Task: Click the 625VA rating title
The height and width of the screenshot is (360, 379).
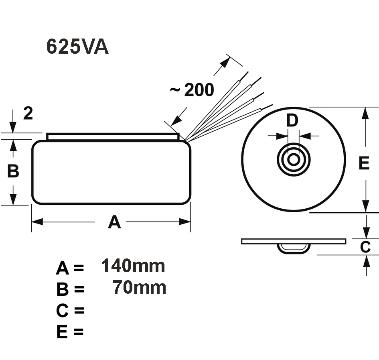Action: (x=77, y=47)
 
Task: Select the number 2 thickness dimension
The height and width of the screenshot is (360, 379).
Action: (x=28, y=114)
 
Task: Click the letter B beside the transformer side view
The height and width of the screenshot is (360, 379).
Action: (x=13, y=171)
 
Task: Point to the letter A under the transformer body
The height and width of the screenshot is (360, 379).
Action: (x=114, y=222)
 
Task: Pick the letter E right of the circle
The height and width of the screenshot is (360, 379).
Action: (x=364, y=163)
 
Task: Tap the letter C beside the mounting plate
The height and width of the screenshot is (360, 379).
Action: (x=365, y=247)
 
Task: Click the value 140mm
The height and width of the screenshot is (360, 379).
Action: (x=133, y=266)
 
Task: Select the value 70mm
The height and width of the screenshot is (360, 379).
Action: (x=139, y=287)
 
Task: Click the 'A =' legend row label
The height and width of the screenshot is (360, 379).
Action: (x=70, y=268)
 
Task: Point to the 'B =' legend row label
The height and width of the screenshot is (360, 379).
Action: (x=70, y=289)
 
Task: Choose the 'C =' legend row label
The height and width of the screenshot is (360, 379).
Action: (x=70, y=310)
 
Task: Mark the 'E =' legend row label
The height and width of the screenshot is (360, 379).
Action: (x=70, y=332)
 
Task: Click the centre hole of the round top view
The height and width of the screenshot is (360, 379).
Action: (x=294, y=159)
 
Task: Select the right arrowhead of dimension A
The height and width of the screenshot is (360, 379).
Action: (x=185, y=222)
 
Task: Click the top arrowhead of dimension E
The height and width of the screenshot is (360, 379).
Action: (x=365, y=113)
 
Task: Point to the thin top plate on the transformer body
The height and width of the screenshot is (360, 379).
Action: (x=113, y=136)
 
